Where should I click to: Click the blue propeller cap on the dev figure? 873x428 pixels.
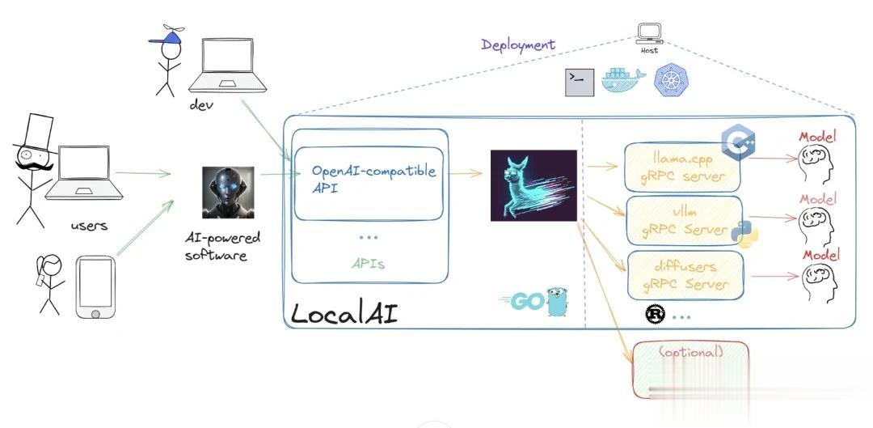[x=168, y=36]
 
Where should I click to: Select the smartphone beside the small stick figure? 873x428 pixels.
[x=95, y=286]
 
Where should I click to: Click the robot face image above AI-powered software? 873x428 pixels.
[x=228, y=193]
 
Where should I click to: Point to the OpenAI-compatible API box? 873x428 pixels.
[x=369, y=183]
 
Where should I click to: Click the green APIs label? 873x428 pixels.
[x=368, y=263]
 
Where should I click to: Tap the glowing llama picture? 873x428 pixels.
[x=533, y=185]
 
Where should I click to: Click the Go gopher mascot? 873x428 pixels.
[x=555, y=301]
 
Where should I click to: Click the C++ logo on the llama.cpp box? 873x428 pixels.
[x=738, y=143]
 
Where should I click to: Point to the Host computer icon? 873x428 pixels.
[x=649, y=34]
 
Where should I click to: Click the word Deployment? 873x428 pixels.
[x=518, y=44]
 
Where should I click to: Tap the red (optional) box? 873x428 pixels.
[x=690, y=368]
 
